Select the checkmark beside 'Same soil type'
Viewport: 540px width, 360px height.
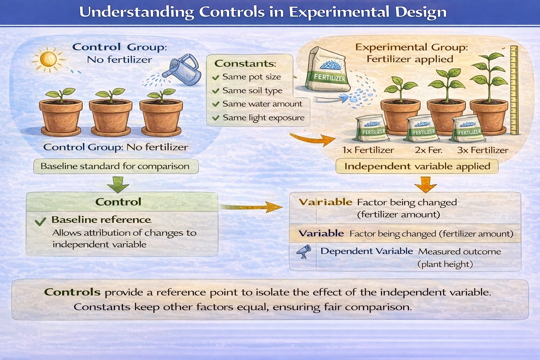216,91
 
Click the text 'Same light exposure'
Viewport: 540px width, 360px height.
263,118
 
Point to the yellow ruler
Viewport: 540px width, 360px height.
514,90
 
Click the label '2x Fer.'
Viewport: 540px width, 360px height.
428,150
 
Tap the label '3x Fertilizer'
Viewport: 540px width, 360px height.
482,150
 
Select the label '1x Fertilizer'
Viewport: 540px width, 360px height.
368,150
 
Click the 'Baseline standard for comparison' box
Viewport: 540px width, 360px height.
115,166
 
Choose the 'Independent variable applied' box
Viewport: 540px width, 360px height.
417,166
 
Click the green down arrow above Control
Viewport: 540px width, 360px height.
118,184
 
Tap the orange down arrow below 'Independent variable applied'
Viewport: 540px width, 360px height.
425,184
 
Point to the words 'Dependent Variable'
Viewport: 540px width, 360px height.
366,251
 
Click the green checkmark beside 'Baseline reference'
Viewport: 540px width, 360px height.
40,221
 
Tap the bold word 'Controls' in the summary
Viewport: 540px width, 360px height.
72,292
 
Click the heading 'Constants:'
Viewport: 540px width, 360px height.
245,64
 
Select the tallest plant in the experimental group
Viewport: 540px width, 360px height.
489,79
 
